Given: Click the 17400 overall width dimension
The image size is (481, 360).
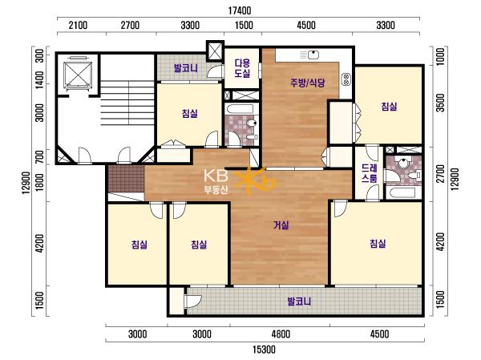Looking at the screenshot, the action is click(x=240, y=10).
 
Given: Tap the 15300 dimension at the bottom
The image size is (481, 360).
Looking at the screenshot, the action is click(x=264, y=350).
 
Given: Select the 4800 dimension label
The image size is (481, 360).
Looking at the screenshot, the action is click(x=281, y=334).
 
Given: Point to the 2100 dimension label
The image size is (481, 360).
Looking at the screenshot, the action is click(x=78, y=25).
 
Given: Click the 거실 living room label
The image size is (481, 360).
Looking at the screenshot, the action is click(x=281, y=225).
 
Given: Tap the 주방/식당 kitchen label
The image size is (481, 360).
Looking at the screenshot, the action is click(x=307, y=83).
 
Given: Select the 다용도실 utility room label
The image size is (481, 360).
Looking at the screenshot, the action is click(x=242, y=68).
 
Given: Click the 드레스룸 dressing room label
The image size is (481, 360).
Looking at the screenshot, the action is click(x=369, y=173).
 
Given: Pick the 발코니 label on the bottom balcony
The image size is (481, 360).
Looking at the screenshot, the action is click(x=299, y=301).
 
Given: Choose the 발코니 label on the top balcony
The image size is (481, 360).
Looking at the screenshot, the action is click(x=186, y=68).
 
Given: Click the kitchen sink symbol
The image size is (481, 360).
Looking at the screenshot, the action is click(x=313, y=55).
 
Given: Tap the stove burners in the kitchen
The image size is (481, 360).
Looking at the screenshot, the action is click(x=346, y=80).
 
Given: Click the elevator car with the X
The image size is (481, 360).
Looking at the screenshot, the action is click(x=78, y=74).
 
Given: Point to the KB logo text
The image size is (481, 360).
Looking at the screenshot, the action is click(x=216, y=176).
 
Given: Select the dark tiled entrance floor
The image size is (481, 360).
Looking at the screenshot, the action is click(x=126, y=179).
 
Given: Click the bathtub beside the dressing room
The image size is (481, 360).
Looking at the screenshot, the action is click(x=402, y=192).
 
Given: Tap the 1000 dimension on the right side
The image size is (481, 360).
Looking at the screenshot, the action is click(x=440, y=56).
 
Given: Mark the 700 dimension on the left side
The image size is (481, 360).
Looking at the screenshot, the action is click(x=39, y=157).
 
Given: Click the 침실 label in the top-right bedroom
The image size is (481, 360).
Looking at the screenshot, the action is click(x=389, y=107).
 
